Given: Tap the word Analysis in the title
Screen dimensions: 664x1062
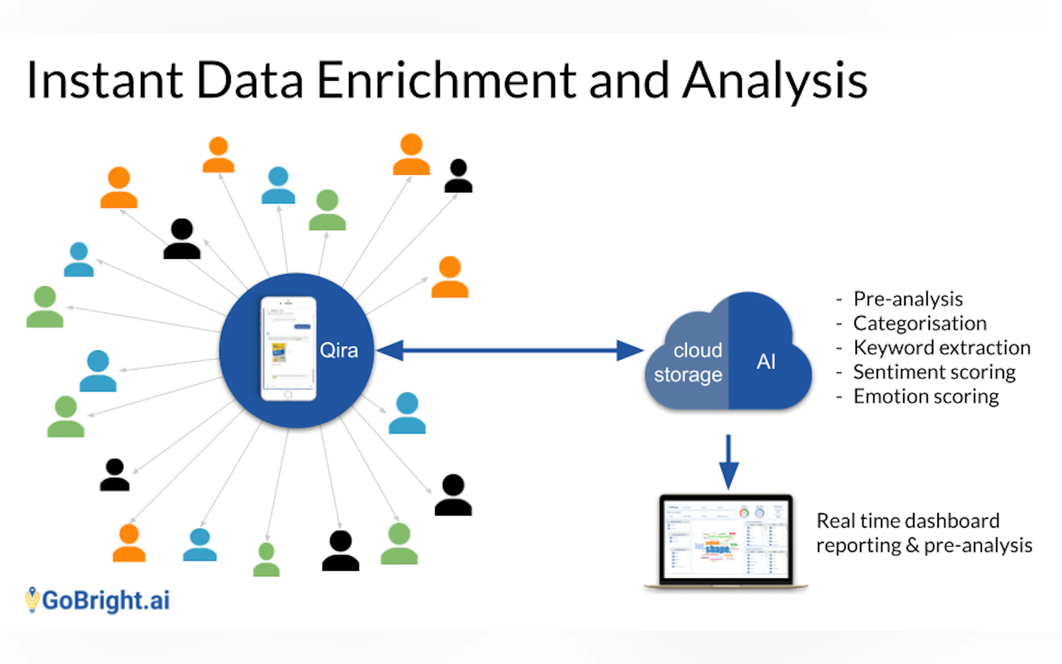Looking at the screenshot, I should coord(775,80).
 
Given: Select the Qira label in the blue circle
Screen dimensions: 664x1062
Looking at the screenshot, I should coord(339,350).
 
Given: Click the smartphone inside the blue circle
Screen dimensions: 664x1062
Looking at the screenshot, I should coord(288,349).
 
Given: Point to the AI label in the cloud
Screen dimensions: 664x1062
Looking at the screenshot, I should coord(766,362).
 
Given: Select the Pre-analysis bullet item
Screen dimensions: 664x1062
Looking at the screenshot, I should coord(907,299).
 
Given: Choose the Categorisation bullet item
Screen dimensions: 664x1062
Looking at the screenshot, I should coord(919,324).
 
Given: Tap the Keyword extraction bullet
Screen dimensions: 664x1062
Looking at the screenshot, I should coord(941,348).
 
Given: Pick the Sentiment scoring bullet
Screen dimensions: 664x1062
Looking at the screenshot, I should coord(934,373).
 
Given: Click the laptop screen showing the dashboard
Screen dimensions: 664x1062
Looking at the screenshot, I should coord(726,539).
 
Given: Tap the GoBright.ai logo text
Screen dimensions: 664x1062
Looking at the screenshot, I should coord(106,600).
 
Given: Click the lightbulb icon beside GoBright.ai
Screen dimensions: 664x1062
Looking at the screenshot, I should coord(32,600).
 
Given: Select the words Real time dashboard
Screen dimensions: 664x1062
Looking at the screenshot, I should coord(907,521).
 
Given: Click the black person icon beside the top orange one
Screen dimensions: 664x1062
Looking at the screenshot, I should coord(458,176).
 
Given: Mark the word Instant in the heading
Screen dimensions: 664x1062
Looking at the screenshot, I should coord(105,80).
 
